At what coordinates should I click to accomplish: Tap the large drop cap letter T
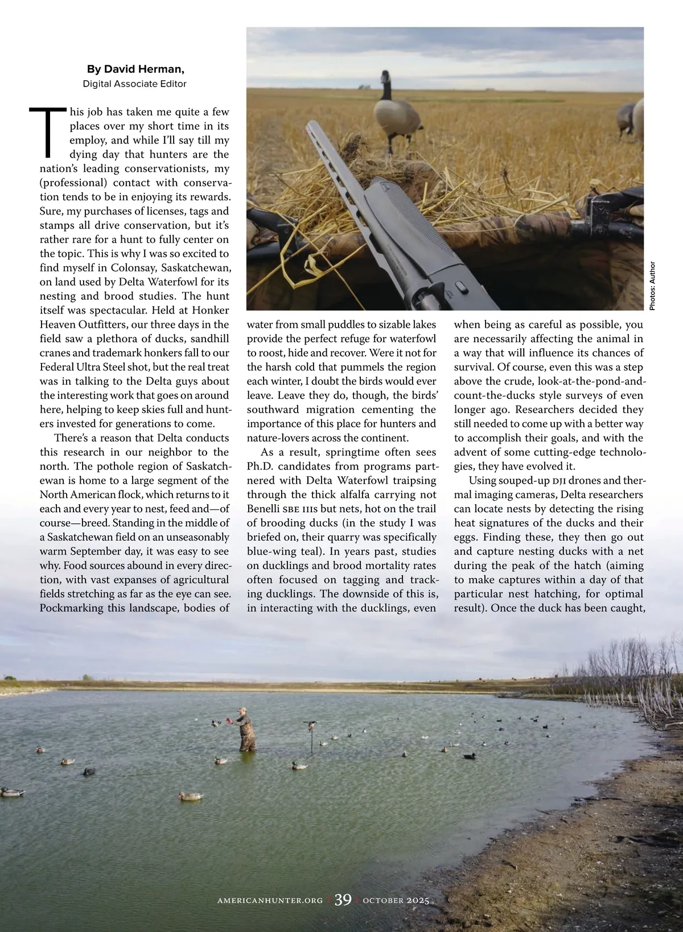pyautogui.click(x=49, y=132)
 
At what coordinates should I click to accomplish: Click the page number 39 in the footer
pyautogui.click(x=343, y=900)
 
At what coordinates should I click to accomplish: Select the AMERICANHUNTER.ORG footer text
pyautogui.click(x=270, y=901)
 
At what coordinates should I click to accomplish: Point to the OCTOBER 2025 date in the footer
pyautogui.click(x=396, y=901)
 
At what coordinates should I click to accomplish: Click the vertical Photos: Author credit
pyautogui.click(x=652, y=286)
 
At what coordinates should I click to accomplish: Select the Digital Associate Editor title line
pyautogui.click(x=135, y=84)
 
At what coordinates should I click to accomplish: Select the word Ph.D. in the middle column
pyautogui.click(x=260, y=466)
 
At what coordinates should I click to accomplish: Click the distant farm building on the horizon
pyautogui.click(x=364, y=86)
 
